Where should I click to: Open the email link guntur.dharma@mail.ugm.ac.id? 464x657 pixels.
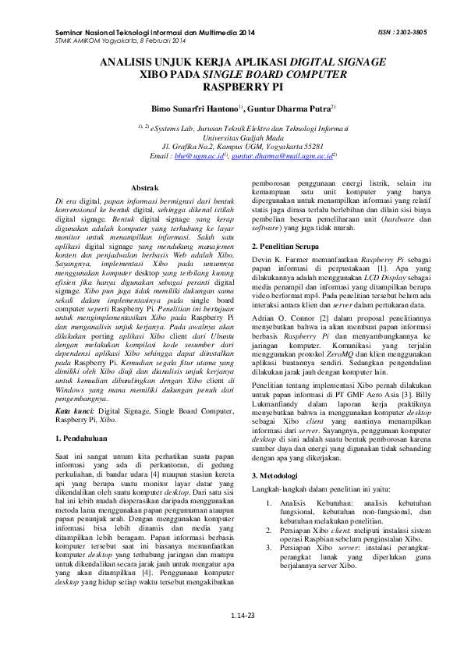269,156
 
